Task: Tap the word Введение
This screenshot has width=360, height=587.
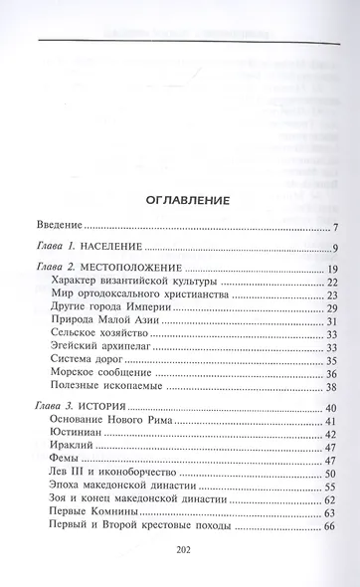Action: click(53, 228)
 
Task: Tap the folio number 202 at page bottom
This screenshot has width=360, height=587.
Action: click(181, 556)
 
